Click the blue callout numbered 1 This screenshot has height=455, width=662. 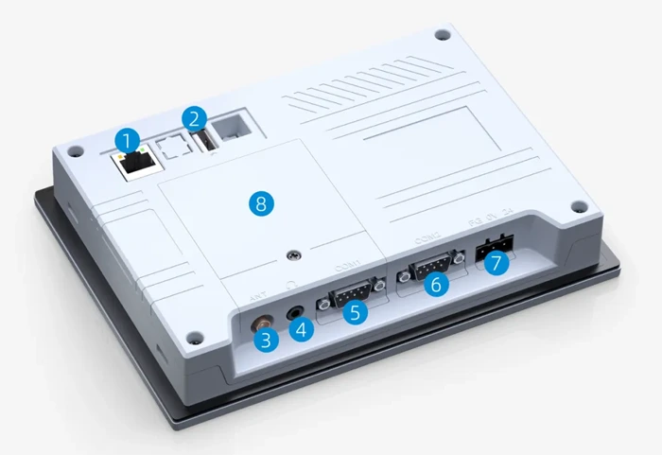point(125,140)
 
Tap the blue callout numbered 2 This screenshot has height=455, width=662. point(194,119)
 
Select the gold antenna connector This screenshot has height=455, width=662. point(259,321)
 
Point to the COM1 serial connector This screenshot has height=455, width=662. point(352,290)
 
